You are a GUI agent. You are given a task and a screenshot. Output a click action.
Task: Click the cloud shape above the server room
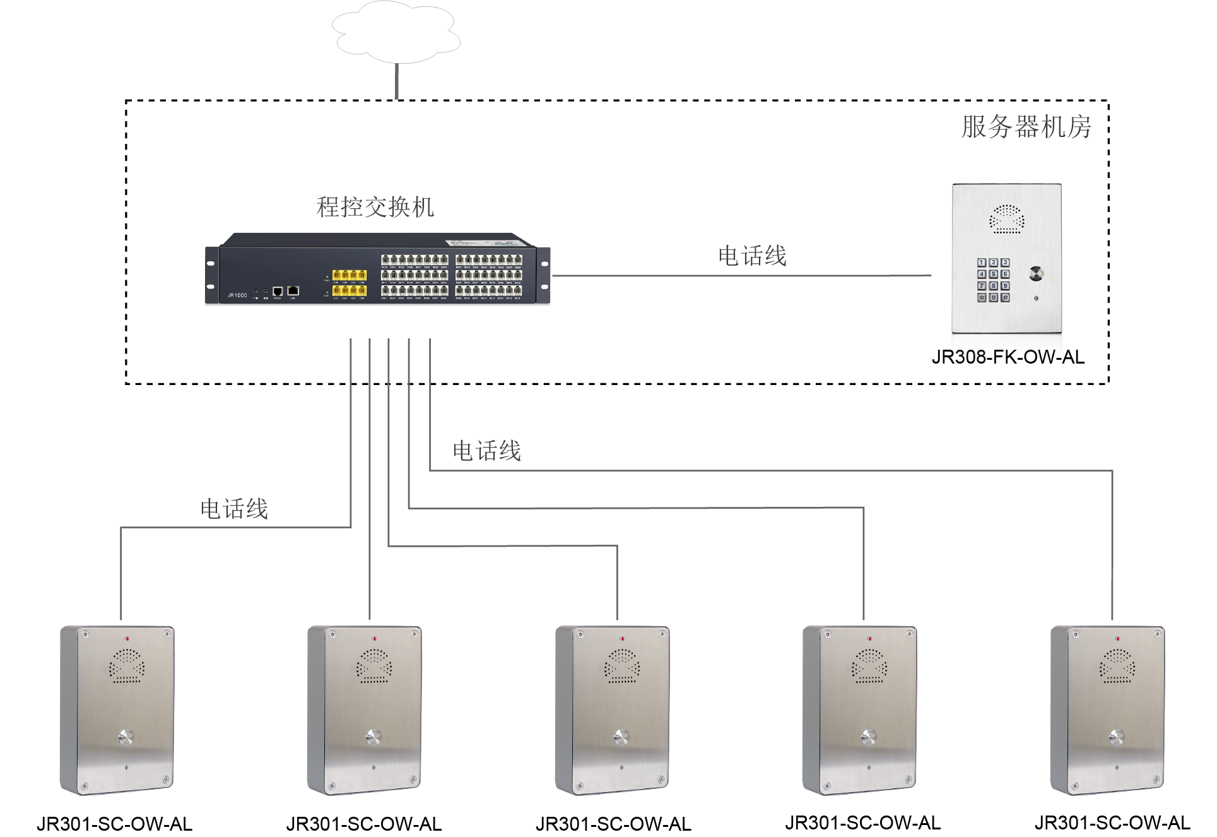point(396,33)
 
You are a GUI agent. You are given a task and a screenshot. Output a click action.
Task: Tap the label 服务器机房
point(1026,127)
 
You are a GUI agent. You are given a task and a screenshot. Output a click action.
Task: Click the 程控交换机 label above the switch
point(375,207)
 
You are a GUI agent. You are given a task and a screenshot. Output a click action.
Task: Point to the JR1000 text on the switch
point(237,295)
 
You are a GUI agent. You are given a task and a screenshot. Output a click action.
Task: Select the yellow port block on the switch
point(350,282)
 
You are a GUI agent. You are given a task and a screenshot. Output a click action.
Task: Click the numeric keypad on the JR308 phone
point(993,280)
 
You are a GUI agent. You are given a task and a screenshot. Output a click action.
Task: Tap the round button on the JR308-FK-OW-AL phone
point(1036,274)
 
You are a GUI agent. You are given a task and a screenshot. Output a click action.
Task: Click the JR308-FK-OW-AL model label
point(1008,357)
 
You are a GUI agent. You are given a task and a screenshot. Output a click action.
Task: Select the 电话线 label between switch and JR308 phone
point(752,256)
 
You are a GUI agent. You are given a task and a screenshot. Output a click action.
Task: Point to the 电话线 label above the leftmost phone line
point(234,509)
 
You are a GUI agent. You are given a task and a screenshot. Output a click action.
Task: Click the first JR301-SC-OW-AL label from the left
point(114,824)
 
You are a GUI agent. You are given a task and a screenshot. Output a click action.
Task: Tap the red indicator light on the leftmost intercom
point(127,639)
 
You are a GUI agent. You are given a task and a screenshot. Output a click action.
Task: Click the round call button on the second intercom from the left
point(373,737)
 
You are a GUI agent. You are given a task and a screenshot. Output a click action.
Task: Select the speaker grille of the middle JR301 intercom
point(622,667)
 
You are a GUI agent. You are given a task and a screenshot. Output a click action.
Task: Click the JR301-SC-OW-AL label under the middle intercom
point(613,824)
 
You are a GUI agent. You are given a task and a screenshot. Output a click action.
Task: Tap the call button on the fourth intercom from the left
point(869,737)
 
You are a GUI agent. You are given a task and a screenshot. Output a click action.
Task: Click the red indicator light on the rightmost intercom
point(1117,639)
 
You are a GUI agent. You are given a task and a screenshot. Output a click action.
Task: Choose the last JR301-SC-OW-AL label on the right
point(1112,823)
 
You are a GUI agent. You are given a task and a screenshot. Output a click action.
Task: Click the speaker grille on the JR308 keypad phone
point(1006,219)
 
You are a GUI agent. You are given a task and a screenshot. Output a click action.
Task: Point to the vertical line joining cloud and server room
point(397,81)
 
